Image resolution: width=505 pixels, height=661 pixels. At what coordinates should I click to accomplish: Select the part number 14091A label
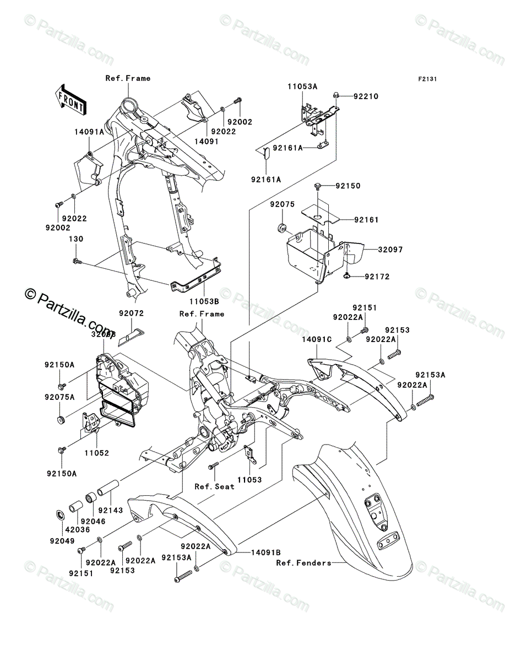(89, 132)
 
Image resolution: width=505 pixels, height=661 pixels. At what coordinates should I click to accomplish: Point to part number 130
(75, 239)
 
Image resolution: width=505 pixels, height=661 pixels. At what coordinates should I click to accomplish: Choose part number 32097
(390, 250)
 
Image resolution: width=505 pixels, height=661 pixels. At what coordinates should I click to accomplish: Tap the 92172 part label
(377, 277)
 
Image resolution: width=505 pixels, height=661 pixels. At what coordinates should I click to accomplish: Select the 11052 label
(97, 453)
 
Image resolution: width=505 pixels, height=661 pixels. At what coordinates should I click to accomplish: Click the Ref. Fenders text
(303, 562)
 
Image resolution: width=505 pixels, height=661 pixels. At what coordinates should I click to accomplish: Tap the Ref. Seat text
(214, 486)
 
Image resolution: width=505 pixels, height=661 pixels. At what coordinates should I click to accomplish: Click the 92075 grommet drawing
(281, 227)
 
